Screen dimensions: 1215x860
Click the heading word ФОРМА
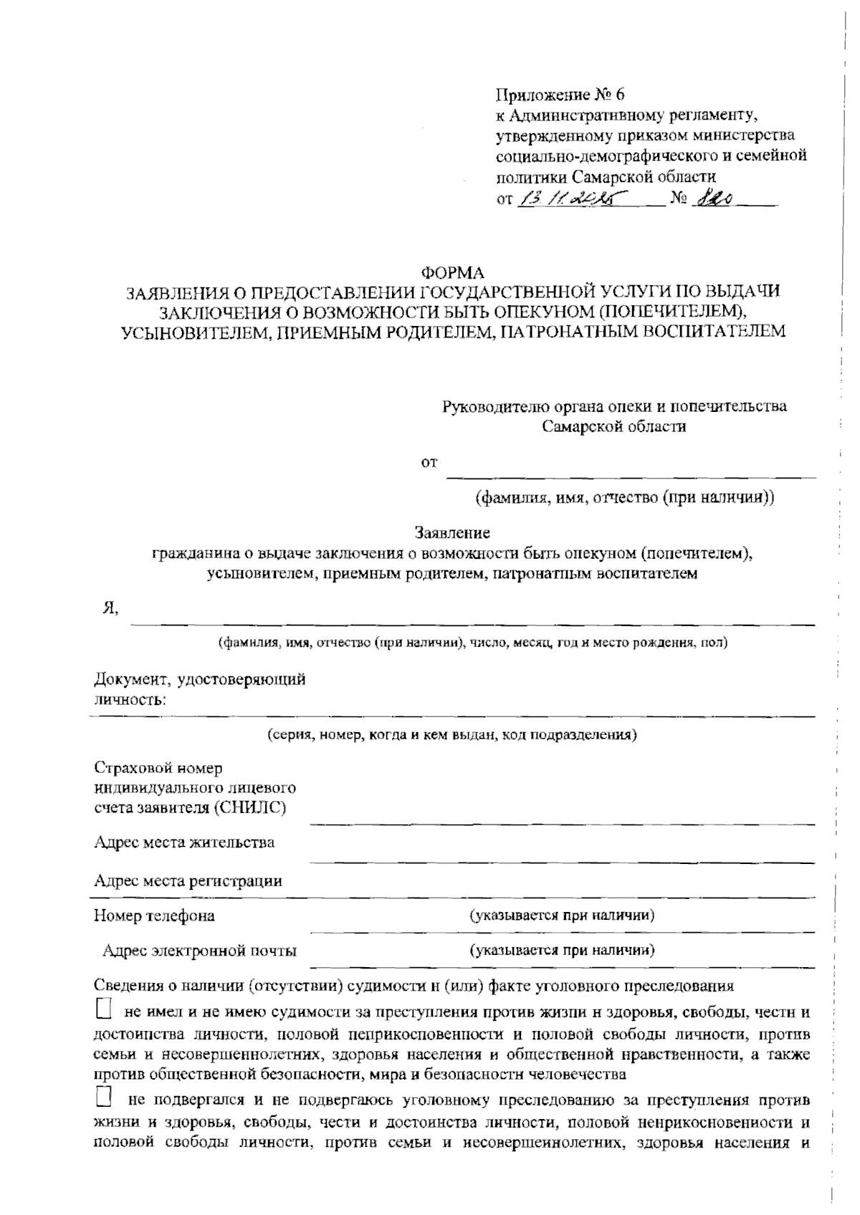452,272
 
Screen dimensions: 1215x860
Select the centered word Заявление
452,533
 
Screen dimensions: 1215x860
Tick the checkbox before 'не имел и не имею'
104,1010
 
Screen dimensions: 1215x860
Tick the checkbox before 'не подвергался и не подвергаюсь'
104,1097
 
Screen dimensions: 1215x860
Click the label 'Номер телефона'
154,916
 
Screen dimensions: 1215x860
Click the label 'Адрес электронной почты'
199,951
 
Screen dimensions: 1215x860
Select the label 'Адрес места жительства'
183,842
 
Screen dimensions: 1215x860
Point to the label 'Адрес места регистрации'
188,880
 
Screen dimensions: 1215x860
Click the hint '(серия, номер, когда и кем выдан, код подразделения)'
452,734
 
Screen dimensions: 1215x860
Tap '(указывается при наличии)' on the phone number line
562,915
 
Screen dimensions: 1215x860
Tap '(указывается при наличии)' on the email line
562,951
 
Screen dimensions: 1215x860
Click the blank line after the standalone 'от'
631,473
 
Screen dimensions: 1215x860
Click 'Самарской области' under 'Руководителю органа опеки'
614,426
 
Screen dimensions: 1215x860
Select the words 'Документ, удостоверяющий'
200,679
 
